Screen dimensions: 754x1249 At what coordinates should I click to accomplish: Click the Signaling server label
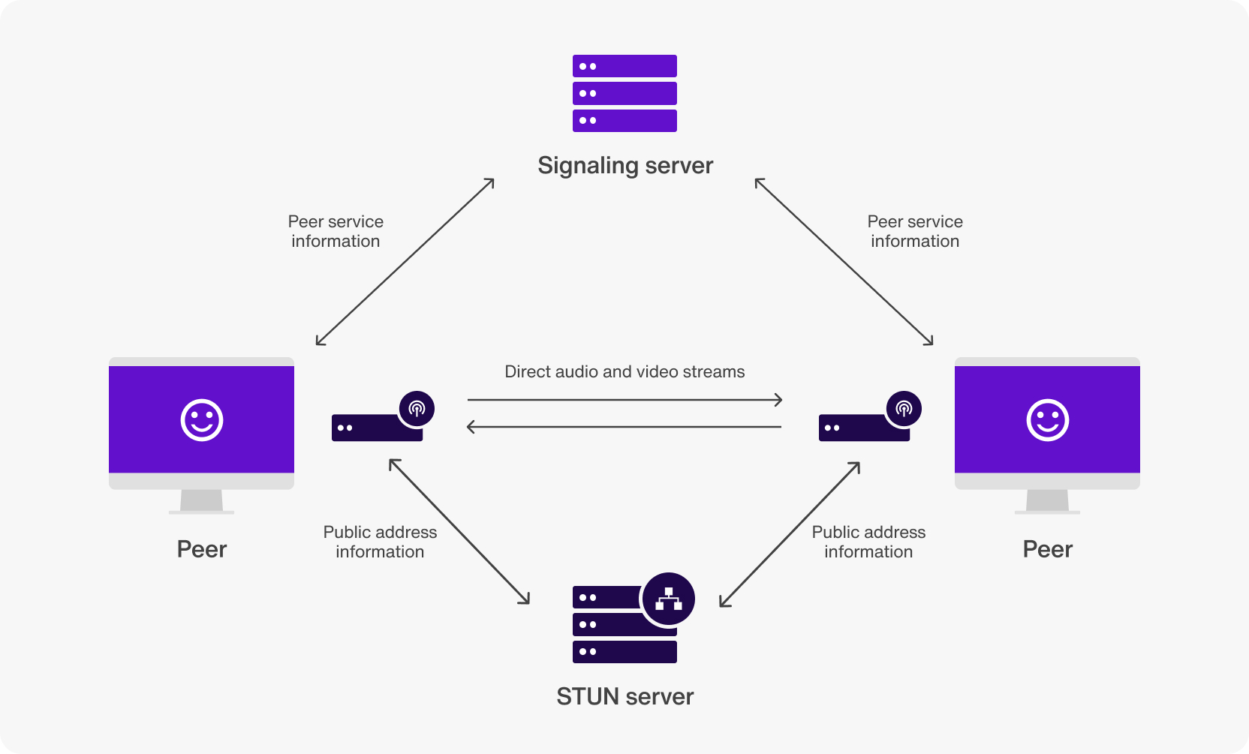tap(625, 165)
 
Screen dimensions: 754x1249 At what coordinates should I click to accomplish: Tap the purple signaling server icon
tap(624, 93)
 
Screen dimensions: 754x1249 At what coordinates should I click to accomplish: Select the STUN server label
tap(624, 696)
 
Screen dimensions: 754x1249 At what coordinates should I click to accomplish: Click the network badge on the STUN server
tap(668, 599)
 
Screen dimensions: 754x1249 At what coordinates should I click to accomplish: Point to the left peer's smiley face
tap(202, 419)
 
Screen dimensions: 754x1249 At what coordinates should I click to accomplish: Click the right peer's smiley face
tap(1047, 419)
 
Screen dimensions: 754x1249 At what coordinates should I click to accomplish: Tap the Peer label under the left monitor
tap(202, 549)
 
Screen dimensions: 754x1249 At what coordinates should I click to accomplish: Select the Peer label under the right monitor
tap(1047, 549)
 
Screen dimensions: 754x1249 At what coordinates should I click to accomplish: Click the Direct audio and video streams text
tap(624, 371)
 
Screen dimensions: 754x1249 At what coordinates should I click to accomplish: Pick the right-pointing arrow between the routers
tap(624, 400)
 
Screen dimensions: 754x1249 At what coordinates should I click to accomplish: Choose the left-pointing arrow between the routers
tap(624, 427)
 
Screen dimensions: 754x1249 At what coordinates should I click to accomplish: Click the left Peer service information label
tap(336, 231)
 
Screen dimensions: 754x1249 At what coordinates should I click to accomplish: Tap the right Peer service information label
tap(915, 231)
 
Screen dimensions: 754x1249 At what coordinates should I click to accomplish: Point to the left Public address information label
tap(380, 542)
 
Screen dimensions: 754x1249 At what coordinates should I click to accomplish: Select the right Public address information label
tap(868, 542)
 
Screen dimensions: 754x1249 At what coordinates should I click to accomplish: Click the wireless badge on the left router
tap(417, 408)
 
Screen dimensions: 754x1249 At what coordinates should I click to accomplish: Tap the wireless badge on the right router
tap(904, 408)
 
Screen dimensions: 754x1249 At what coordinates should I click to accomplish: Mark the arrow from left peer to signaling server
tap(405, 261)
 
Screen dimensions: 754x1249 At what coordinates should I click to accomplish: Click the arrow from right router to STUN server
tap(790, 534)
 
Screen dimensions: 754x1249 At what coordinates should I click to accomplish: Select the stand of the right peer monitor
tap(1047, 500)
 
